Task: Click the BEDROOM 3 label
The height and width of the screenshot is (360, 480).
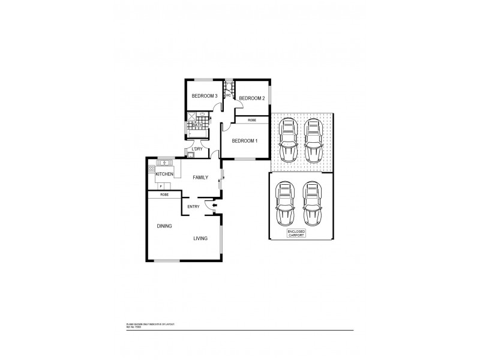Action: point(203,97)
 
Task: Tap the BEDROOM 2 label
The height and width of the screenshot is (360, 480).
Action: point(251,98)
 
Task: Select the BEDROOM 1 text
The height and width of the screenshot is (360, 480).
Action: point(244,141)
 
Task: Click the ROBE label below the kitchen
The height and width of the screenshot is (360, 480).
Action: point(164,196)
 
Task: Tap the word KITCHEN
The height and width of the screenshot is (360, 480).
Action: point(164,174)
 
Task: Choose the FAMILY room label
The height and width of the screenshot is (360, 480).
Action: point(200,178)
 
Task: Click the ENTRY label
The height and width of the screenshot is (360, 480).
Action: point(193,207)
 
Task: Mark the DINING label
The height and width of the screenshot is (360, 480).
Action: point(164,226)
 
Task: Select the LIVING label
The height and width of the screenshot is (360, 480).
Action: point(200,238)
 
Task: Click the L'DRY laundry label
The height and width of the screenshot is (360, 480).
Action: point(196,149)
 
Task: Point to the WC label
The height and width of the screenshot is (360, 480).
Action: point(228,95)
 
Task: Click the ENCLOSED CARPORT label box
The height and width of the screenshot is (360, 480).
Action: point(297,233)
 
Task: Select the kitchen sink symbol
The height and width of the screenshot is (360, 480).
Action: point(164,163)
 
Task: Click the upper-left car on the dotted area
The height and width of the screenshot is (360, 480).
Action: point(288,140)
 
